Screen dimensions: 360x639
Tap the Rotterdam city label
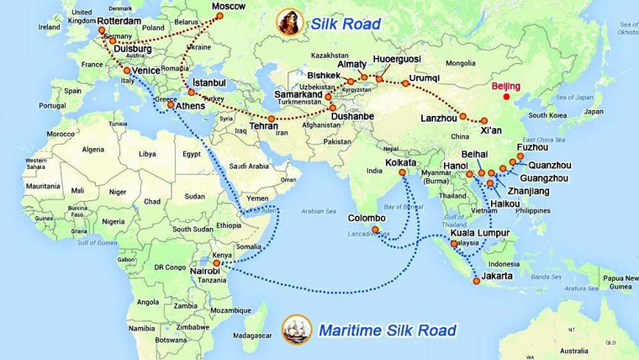click(x=129, y=19)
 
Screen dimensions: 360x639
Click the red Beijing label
click(x=506, y=86)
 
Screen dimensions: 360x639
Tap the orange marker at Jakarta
click(x=476, y=281)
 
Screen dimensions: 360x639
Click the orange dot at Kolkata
click(x=403, y=172)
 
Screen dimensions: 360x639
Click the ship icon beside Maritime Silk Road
click(x=296, y=329)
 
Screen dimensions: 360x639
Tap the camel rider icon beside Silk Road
click(x=288, y=23)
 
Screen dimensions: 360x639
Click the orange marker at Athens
click(x=172, y=105)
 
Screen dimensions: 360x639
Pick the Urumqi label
click(x=424, y=77)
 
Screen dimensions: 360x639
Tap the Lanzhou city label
click(x=440, y=118)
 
